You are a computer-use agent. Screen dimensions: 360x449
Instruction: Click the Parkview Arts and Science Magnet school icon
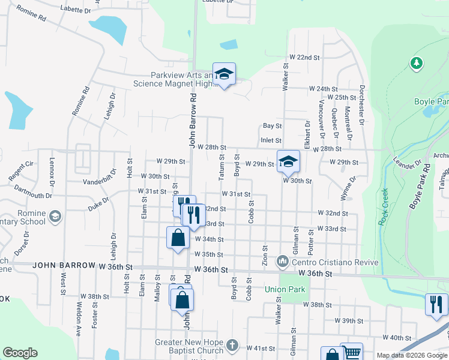point(224,74)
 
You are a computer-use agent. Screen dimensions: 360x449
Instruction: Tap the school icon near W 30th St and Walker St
point(288,161)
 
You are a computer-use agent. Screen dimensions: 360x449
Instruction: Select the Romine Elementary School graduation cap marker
point(55,216)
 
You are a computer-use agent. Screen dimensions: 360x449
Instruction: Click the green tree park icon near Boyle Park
point(415,62)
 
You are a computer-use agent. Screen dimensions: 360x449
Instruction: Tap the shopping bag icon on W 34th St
point(178,238)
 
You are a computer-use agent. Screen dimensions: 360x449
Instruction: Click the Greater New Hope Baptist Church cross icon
point(232,347)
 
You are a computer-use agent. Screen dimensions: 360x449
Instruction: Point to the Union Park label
point(285,289)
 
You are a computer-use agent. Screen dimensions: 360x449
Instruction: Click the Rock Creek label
point(383,207)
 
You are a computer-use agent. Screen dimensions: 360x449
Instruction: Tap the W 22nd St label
point(304,57)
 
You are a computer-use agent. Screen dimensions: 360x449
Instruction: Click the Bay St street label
point(272,126)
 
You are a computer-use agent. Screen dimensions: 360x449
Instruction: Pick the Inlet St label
point(271,140)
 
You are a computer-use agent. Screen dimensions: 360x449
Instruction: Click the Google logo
point(20,353)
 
